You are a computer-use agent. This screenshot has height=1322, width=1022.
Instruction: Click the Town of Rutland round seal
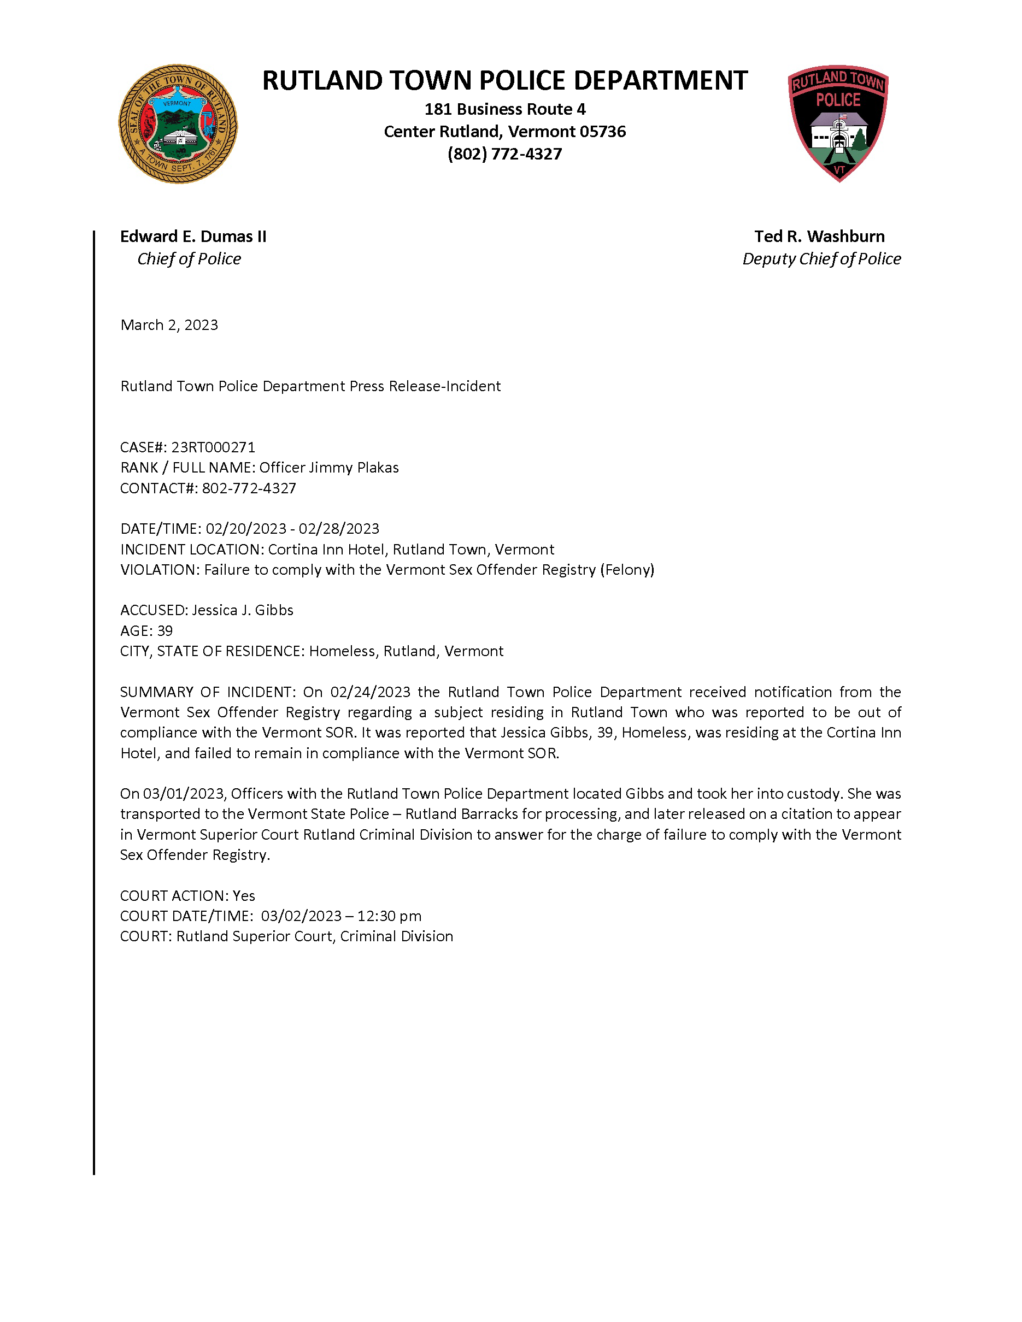click(178, 124)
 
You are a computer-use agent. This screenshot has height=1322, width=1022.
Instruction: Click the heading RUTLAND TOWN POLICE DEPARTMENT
click(504, 80)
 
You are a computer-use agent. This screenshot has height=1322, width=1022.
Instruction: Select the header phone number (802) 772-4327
click(504, 154)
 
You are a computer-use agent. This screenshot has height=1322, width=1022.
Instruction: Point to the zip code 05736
click(603, 131)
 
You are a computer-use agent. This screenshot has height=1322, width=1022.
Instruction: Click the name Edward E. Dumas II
click(193, 236)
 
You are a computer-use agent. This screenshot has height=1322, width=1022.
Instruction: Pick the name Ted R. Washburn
click(819, 236)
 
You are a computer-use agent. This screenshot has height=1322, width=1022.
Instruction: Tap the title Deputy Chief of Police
click(821, 258)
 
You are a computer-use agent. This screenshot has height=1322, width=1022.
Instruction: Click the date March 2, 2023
click(169, 325)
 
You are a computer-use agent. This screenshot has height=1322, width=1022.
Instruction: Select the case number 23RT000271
click(213, 447)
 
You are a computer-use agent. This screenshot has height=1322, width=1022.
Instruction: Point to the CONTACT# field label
click(158, 488)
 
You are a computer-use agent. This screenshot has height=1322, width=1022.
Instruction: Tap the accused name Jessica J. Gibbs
click(242, 610)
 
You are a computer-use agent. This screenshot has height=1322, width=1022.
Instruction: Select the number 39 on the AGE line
click(165, 631)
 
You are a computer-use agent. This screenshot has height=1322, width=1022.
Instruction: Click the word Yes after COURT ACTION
click(243, 895)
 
